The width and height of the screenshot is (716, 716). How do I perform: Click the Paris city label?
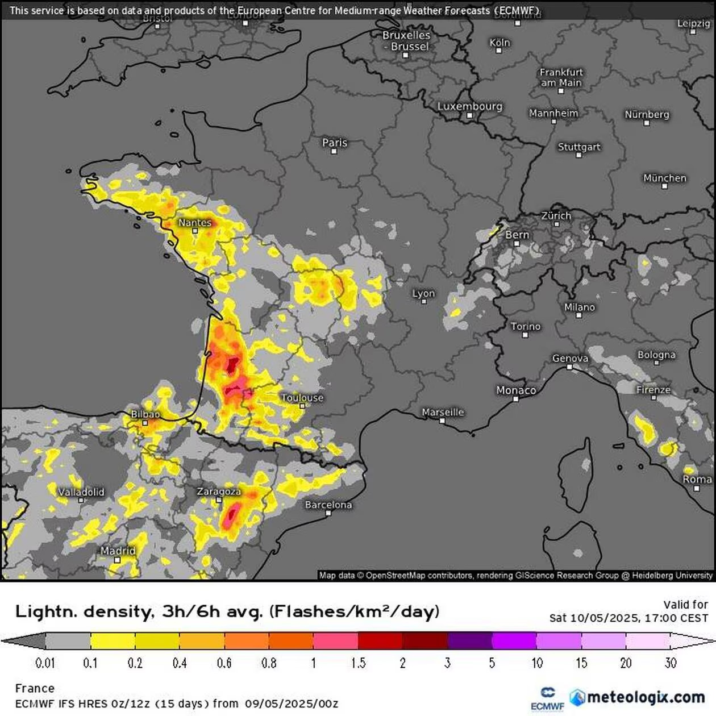click(334, 143)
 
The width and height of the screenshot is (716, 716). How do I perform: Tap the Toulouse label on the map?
click(302, 398)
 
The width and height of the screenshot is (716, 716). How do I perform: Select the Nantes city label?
click(195, 223)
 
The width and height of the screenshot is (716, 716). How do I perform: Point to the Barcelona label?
click(328, 505)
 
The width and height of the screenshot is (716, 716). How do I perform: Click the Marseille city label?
click(443, 412)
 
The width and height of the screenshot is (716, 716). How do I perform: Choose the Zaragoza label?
click(219, 492)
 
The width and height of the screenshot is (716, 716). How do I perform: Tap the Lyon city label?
click(423, 293)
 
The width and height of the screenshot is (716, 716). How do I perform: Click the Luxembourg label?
click(469, 106)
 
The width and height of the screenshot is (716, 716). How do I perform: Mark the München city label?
click(664, 178)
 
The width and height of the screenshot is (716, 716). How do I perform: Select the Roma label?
click(697, 479)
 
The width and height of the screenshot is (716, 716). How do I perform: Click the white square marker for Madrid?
click(117, 560)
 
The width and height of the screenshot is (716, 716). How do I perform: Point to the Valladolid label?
click(81, 492)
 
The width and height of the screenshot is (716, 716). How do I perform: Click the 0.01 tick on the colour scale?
click(45, 663)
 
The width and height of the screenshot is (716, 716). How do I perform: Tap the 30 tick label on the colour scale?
click(671, 663)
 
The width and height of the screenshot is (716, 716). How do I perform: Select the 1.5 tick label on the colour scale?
click(358, 663)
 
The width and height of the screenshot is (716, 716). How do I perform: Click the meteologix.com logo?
click(638, 697)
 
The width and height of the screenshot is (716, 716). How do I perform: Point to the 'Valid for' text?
click(685, 605)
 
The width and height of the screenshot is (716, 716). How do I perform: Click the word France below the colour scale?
click(35, 688)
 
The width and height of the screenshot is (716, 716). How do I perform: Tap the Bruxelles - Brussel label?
click(406, 40)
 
